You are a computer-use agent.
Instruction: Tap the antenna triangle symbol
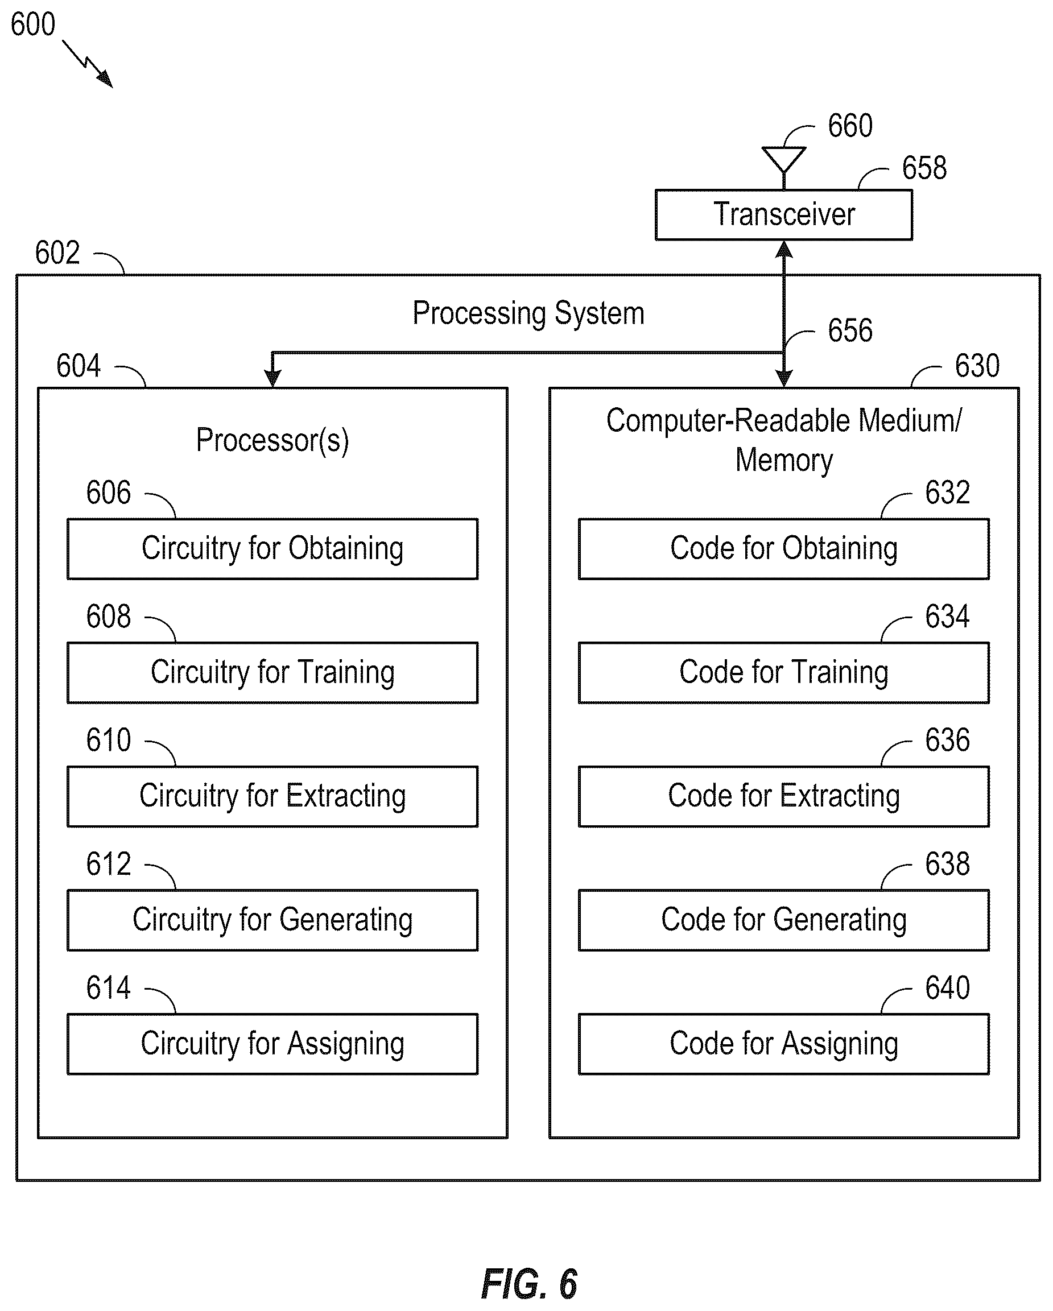(783, 159)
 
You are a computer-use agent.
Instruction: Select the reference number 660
(850, 126)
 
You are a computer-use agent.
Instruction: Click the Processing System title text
(528, 314)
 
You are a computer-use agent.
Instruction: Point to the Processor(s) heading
(272, 440)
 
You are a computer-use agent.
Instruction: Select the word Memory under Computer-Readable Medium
(783, 460)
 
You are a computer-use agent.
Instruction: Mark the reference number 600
(33, 25)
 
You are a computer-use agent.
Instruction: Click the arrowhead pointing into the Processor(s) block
(272, 378)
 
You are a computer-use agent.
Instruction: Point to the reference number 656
(850, 331)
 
